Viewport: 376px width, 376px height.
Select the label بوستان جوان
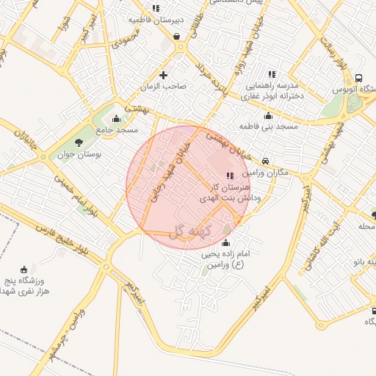pos(98,156)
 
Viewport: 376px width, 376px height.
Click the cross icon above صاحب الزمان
pos(163,75)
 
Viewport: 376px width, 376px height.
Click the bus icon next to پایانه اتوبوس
pos(358,79)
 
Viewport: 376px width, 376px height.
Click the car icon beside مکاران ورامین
pos(265,162)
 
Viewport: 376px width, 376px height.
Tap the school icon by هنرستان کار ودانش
pos(230,176)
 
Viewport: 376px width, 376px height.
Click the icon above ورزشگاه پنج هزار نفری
pos(25,270)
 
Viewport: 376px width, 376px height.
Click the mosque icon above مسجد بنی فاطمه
pos(268,115)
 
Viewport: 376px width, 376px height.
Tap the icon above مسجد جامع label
pos(115,118)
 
